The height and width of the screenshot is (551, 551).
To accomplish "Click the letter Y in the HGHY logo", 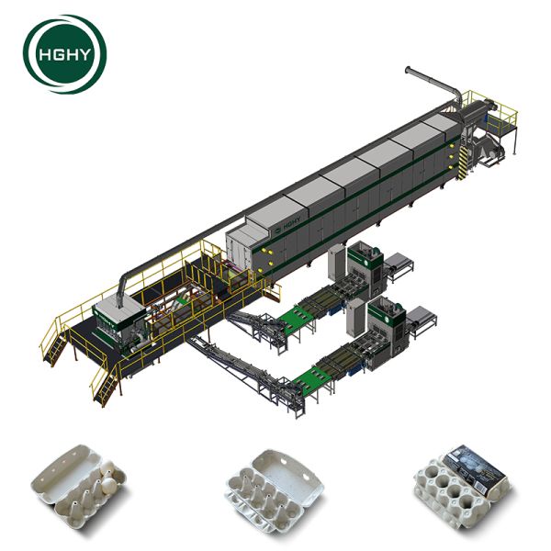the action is (83, 55).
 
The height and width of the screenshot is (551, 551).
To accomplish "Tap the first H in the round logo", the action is (45, 55).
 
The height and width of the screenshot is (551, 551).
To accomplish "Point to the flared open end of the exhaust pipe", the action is (408, 70).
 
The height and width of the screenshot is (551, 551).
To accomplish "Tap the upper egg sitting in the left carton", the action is (106, 468).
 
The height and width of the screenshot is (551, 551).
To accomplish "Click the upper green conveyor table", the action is (297, 318).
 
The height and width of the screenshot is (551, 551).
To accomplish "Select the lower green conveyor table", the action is (312, 378).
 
